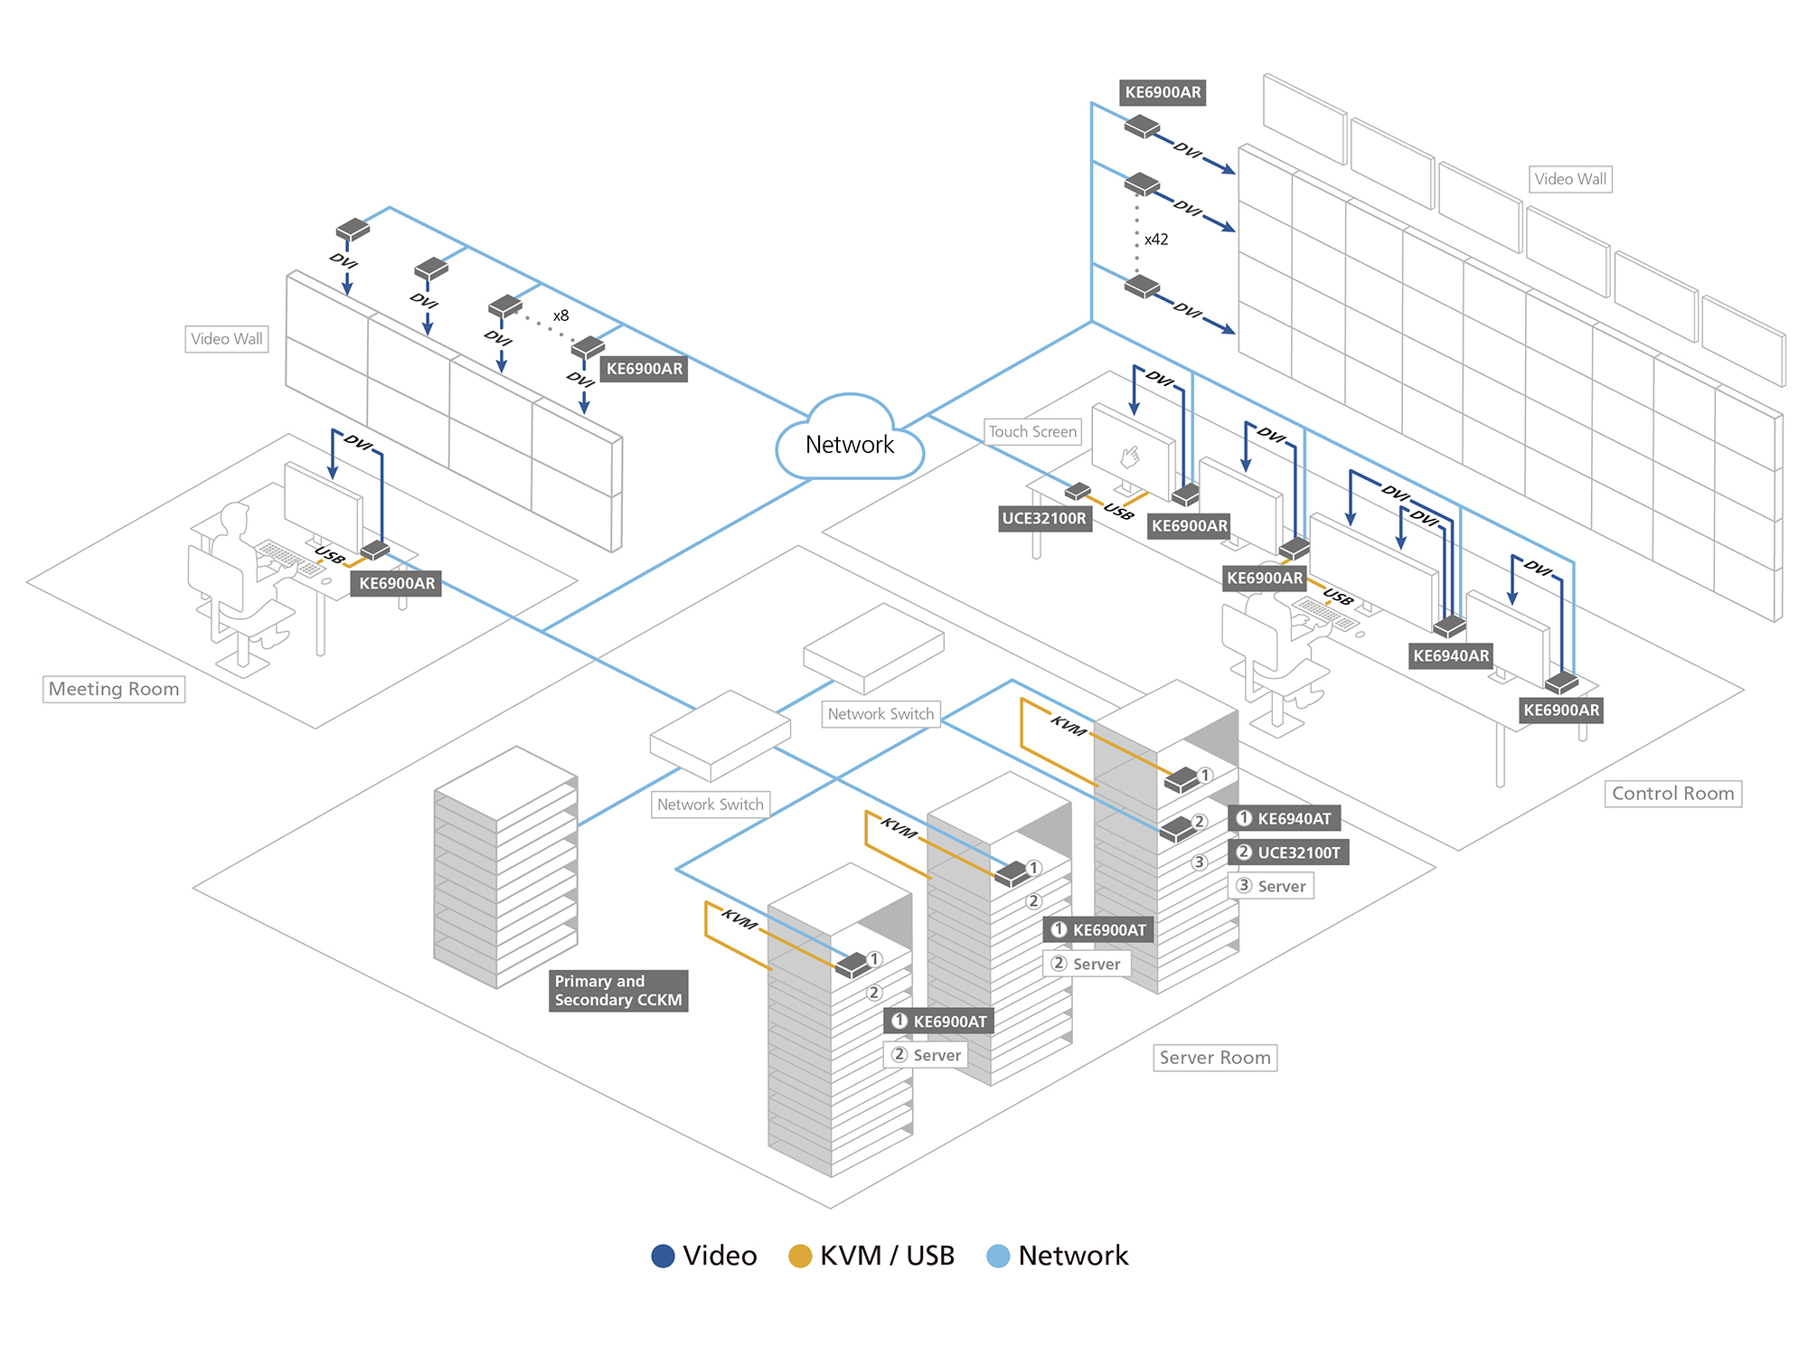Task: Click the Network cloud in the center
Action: (850, 443)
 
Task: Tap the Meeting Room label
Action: (114, 689)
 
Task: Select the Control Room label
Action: (1672, 794)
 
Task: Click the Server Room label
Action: (1215, 1058)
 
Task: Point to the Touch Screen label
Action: (1032, 432)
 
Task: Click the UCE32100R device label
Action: (1044, 519)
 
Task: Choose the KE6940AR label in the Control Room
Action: (1451, 656)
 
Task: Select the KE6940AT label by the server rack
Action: (1285, 819)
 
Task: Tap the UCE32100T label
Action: (1289, 852)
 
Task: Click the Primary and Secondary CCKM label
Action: (618, 991)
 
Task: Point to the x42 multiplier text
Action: (1156, 240)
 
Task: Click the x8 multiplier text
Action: (561, 315)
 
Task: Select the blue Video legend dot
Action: (664, 1256)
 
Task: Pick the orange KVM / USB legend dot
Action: (800, 1256)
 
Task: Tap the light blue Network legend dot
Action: (998, 1256)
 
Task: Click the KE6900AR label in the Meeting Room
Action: (397, 584)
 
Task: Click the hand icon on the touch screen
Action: (1130, 457)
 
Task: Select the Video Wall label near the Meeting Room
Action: (226, 339)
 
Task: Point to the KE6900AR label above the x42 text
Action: (1163, 92)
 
